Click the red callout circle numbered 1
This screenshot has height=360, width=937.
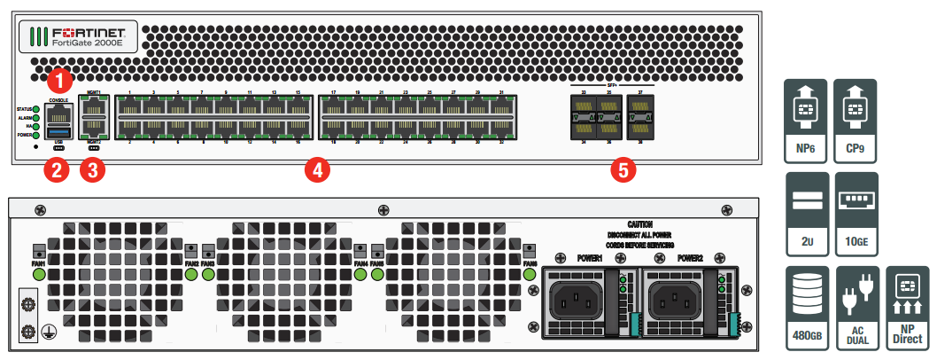click(x=58, y=81)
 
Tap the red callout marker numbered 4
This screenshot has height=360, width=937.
click(x=314, y=171)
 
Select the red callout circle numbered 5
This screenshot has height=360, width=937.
click(x=624, y=171)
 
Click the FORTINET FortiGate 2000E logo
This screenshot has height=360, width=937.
click(x=76, y=36)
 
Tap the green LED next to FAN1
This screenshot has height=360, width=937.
click(x=39, y=274)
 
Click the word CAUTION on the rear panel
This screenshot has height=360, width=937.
click(x=640, y=225)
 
